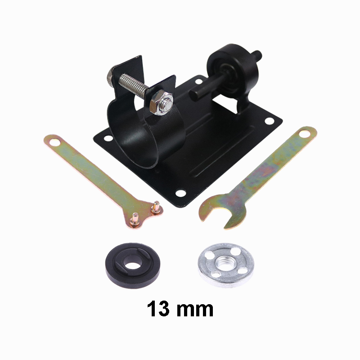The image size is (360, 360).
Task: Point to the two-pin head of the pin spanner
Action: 145,211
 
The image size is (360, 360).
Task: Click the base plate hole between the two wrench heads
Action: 181,193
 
